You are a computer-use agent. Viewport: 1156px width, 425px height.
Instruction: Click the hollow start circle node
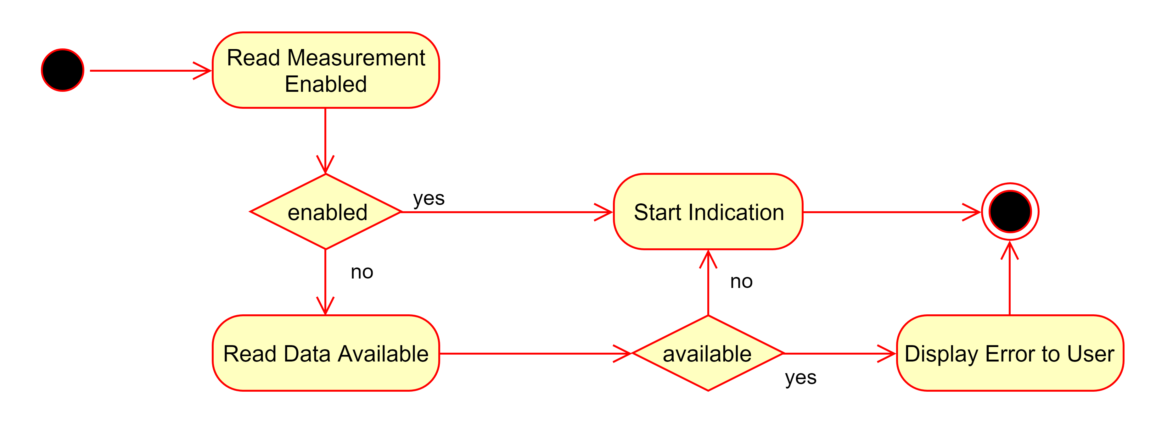tap(62, 70)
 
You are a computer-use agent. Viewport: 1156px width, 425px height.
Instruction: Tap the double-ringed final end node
tap(1010, 212)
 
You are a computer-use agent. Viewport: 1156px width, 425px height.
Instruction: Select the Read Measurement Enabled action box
tap(326, 70)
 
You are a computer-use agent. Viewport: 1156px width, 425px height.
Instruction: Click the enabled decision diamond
tap(326, 212)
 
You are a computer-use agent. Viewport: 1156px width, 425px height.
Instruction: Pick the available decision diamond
tap(708, 353)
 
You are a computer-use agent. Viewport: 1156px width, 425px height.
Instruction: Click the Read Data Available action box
tap(326, 353)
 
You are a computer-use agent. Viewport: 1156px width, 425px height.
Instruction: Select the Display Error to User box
tap(1010, 353)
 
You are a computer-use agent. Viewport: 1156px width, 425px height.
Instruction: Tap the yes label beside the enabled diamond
tap(429, 198)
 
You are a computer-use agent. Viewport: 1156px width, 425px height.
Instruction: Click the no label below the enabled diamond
tap(362, 272)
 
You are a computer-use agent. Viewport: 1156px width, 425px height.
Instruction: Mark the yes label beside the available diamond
tap(800, 378)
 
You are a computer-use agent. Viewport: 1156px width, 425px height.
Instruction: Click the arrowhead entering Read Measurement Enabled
tap(204, 70)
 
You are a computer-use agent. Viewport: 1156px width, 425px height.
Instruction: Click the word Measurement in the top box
tap(356, 58)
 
